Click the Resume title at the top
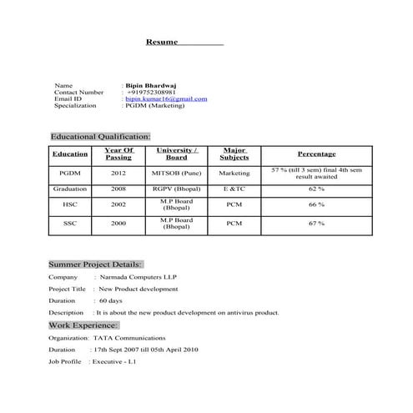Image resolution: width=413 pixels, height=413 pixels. [x=162, y=42]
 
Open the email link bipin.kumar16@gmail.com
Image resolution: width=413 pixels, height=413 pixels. [x=166, y=99]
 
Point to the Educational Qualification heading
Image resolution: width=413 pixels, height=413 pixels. [x=100, y=136]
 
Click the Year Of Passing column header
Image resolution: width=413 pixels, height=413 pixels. [x=118, y=154]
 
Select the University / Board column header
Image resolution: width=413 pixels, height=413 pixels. [x=176, y=154]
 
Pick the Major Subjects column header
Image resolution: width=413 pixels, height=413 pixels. [x=234, y=154]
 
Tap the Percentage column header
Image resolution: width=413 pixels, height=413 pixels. [x=316, y=154]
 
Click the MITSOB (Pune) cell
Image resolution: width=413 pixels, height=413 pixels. [x=176, y=174]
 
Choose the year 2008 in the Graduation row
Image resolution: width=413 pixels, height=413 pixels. [x=118, y=189]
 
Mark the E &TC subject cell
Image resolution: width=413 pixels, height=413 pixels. [x=234, y=189]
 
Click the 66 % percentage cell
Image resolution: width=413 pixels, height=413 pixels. [x=316, y=204]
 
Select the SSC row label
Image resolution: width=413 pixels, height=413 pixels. [x=70, y=224]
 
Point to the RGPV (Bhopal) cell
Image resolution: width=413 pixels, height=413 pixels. [x=176, y=189]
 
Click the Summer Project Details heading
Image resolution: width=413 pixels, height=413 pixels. [x=95, y=264]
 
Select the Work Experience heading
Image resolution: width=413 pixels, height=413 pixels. [x=83, y=325]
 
